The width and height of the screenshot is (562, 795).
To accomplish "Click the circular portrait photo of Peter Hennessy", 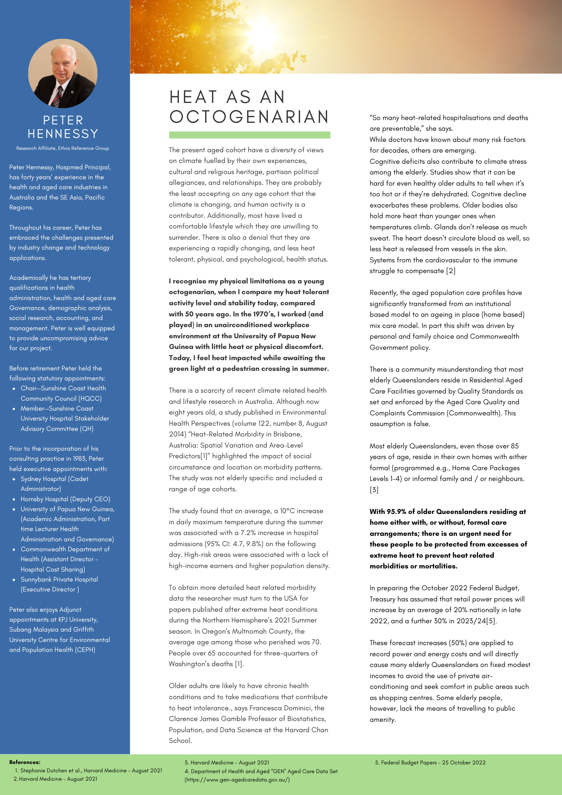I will tap(63, 74).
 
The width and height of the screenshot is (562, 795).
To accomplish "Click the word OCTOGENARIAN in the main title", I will tap(249, 117).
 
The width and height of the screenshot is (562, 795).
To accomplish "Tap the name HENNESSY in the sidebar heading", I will tap(63, 134).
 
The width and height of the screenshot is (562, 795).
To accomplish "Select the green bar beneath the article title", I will tap(249, 135).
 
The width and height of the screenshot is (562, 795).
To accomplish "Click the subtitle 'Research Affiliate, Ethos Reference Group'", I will tap(63, 148).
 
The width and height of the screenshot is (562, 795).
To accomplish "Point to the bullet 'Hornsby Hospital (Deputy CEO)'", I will tap(65, 499).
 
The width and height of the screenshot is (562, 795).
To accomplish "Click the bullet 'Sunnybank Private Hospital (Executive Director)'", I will tap(59, 584).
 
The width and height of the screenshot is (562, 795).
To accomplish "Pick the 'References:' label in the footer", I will tap(25, 762).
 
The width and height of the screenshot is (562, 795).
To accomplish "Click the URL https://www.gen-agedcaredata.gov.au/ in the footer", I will tap(237, 779).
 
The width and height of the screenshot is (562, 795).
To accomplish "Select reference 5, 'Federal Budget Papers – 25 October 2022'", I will tap(430, 762).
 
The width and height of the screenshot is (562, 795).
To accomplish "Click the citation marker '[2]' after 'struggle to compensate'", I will tap(451, 271).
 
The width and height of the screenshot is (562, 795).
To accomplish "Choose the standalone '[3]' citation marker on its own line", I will tap(374, 490).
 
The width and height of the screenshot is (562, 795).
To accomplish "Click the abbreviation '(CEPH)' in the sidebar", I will tap(85, 650).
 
